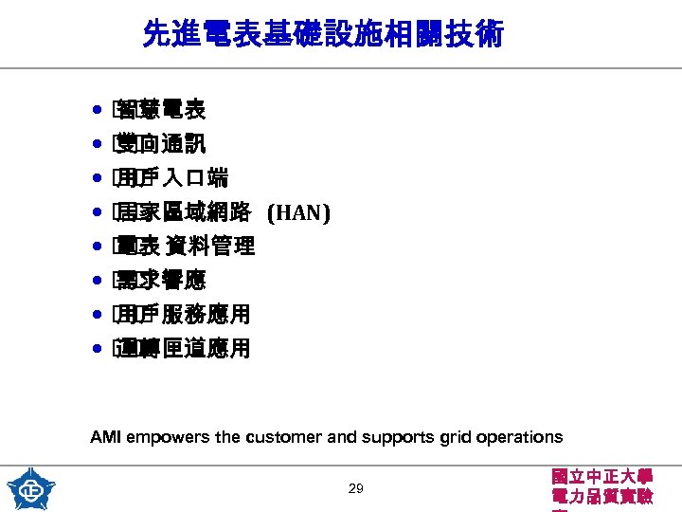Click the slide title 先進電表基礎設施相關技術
[x=323, y=36]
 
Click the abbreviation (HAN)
[x=298, y=213]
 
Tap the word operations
[x=525, y=438]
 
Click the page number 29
[x=356, y=489]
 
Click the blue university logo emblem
[x=31, y=488]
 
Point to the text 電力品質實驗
[x=601, y=497]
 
